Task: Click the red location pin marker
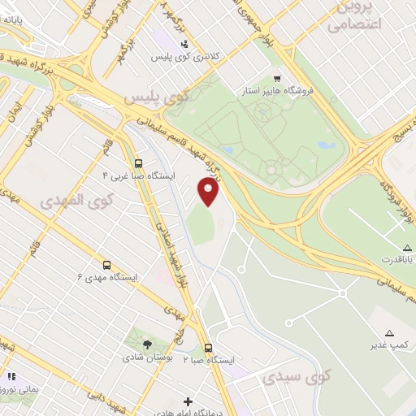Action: click(209, 192)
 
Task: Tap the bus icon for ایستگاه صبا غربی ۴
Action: click(138, 162)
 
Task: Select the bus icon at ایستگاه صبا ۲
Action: click(208, 347)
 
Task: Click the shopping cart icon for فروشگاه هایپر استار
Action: click(278, 79)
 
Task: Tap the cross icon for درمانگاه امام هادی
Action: click(188, 401)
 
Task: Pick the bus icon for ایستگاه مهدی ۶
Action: click(106, 265)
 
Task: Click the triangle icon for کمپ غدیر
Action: click(389, 333)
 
